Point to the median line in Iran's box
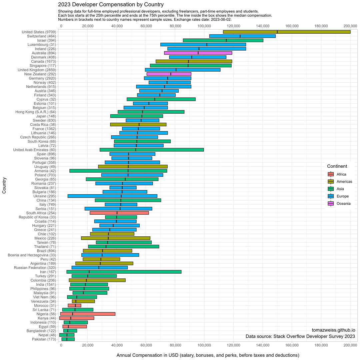pos(89,272)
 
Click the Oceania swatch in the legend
pos(331,204)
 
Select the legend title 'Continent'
pos(337,166)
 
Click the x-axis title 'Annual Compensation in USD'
pos(208,355)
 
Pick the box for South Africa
pos(119,213)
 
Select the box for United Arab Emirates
pos(152,150)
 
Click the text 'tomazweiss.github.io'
pos(333,330)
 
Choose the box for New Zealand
pos(169,74)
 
